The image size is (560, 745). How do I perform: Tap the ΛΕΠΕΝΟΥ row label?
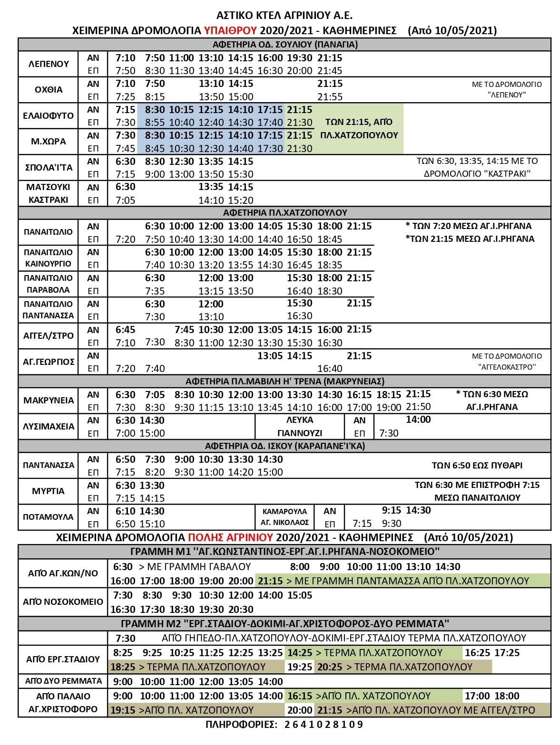[49, 64]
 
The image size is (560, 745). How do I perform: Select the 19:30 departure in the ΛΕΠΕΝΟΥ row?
[300, 58]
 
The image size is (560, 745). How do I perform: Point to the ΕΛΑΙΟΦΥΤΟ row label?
[49, 116]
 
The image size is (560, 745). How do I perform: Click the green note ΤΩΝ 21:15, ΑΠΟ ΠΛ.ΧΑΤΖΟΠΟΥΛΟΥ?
[359, 129]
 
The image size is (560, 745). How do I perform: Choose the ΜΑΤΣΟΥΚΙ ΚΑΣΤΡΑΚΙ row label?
[48, 193]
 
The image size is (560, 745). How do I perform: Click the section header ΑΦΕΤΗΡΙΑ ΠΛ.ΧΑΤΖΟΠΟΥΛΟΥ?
[285, 212]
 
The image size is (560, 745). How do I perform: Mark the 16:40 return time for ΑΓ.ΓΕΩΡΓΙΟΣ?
[330, 368]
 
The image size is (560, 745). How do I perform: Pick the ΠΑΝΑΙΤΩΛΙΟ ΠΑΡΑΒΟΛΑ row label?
[48, 284]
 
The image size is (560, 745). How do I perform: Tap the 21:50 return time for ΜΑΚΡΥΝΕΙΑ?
[418, 407]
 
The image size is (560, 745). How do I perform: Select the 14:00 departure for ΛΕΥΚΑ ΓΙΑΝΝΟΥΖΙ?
[418, 420]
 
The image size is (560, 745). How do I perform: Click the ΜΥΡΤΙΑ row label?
[48, 491]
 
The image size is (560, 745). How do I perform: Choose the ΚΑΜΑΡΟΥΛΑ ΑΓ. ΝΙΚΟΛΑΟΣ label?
[285, 517]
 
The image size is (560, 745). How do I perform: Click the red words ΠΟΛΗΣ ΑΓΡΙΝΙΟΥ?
[230, 538]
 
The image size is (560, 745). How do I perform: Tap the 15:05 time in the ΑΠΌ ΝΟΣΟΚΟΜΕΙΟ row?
[300, 595]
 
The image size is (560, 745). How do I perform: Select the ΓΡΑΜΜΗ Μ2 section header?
[285, 623]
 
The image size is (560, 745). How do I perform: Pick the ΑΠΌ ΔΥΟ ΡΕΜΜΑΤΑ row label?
[63, 681]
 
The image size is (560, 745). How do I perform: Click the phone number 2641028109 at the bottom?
[324, 725]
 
